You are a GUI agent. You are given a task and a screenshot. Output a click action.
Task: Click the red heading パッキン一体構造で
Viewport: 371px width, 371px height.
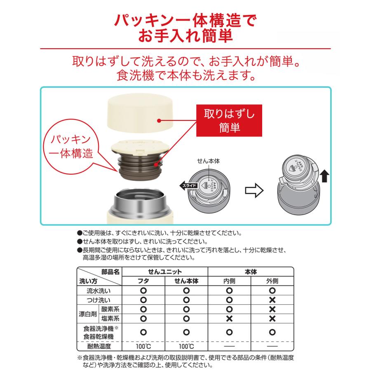pos(185,20)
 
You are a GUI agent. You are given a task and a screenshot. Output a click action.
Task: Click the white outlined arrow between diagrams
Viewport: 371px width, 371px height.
pos(254,190)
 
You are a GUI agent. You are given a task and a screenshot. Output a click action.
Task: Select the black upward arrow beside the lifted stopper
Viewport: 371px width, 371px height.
pos(325,178)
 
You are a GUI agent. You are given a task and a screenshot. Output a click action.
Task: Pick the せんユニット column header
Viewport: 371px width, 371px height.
pos(164,272)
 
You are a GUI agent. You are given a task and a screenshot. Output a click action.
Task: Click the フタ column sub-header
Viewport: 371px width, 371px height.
pos(143,281)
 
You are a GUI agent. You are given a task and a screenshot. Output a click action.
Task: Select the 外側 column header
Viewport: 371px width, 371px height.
pos(272,281)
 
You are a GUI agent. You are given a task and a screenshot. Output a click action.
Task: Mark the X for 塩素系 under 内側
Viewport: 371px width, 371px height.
pos(229,318)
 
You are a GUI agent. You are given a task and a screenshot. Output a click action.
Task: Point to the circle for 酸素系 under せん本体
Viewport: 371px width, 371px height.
pos(186,309)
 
